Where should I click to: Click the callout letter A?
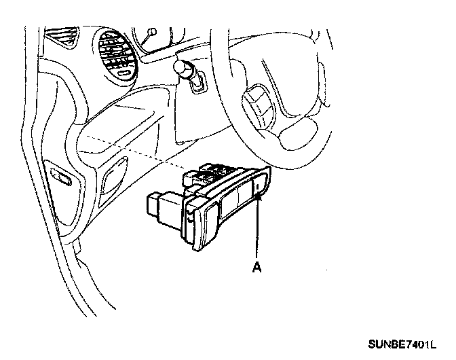pos(256,267)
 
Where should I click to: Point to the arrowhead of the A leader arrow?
pos(259,197)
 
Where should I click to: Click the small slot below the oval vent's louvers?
pos(123,71)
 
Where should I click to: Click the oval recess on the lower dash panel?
pos(112,180)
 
